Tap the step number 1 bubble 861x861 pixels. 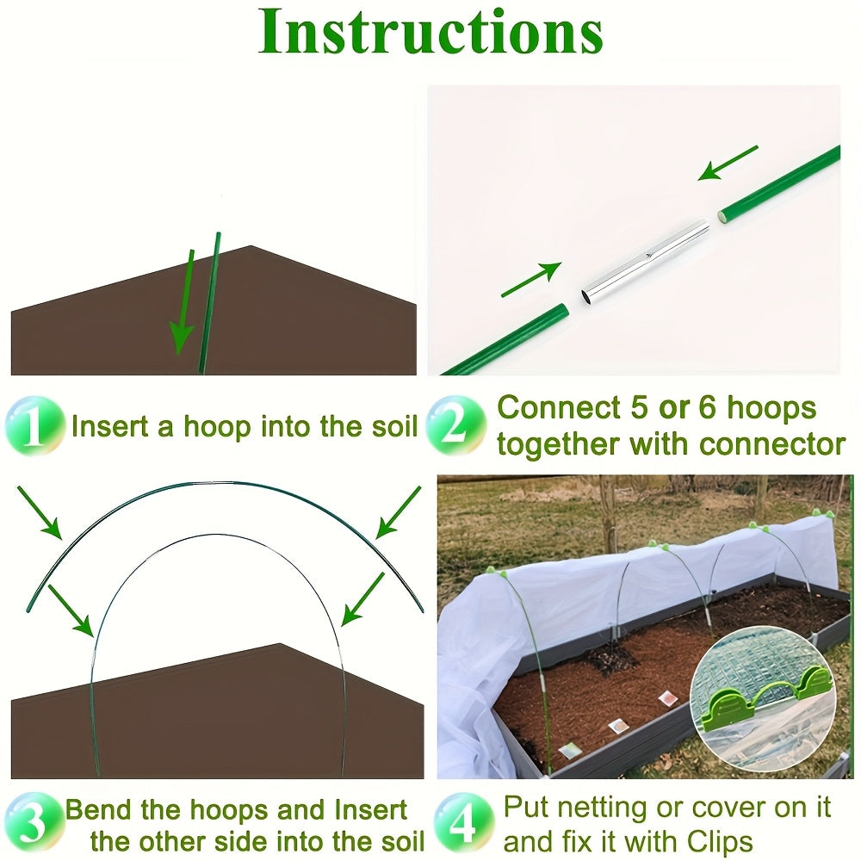click(x=34, y=427)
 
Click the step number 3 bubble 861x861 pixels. click(x=32, y=824)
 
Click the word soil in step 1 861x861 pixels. click(x=385, y=427)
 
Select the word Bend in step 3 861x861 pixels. click(x=102, y=811)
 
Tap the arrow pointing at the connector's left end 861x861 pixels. click(x=530, y=281)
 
